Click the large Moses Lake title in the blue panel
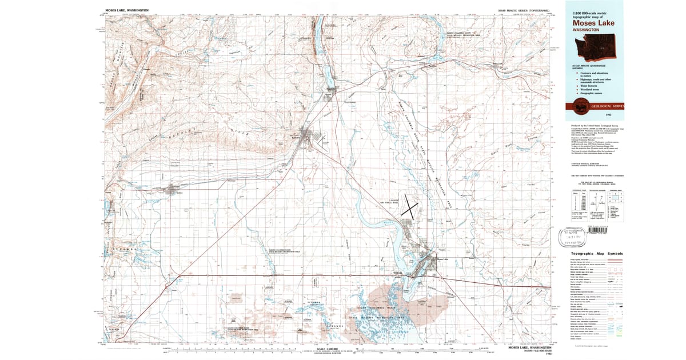coord(593,23)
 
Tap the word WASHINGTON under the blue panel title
coord(585,29)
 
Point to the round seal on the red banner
coord(581,106)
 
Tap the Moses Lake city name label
coord(444,259)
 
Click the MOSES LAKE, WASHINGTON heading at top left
coord(127,10)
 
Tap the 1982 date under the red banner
coord(593,115)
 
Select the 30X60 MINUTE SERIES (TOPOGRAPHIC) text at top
coord(525,10)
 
